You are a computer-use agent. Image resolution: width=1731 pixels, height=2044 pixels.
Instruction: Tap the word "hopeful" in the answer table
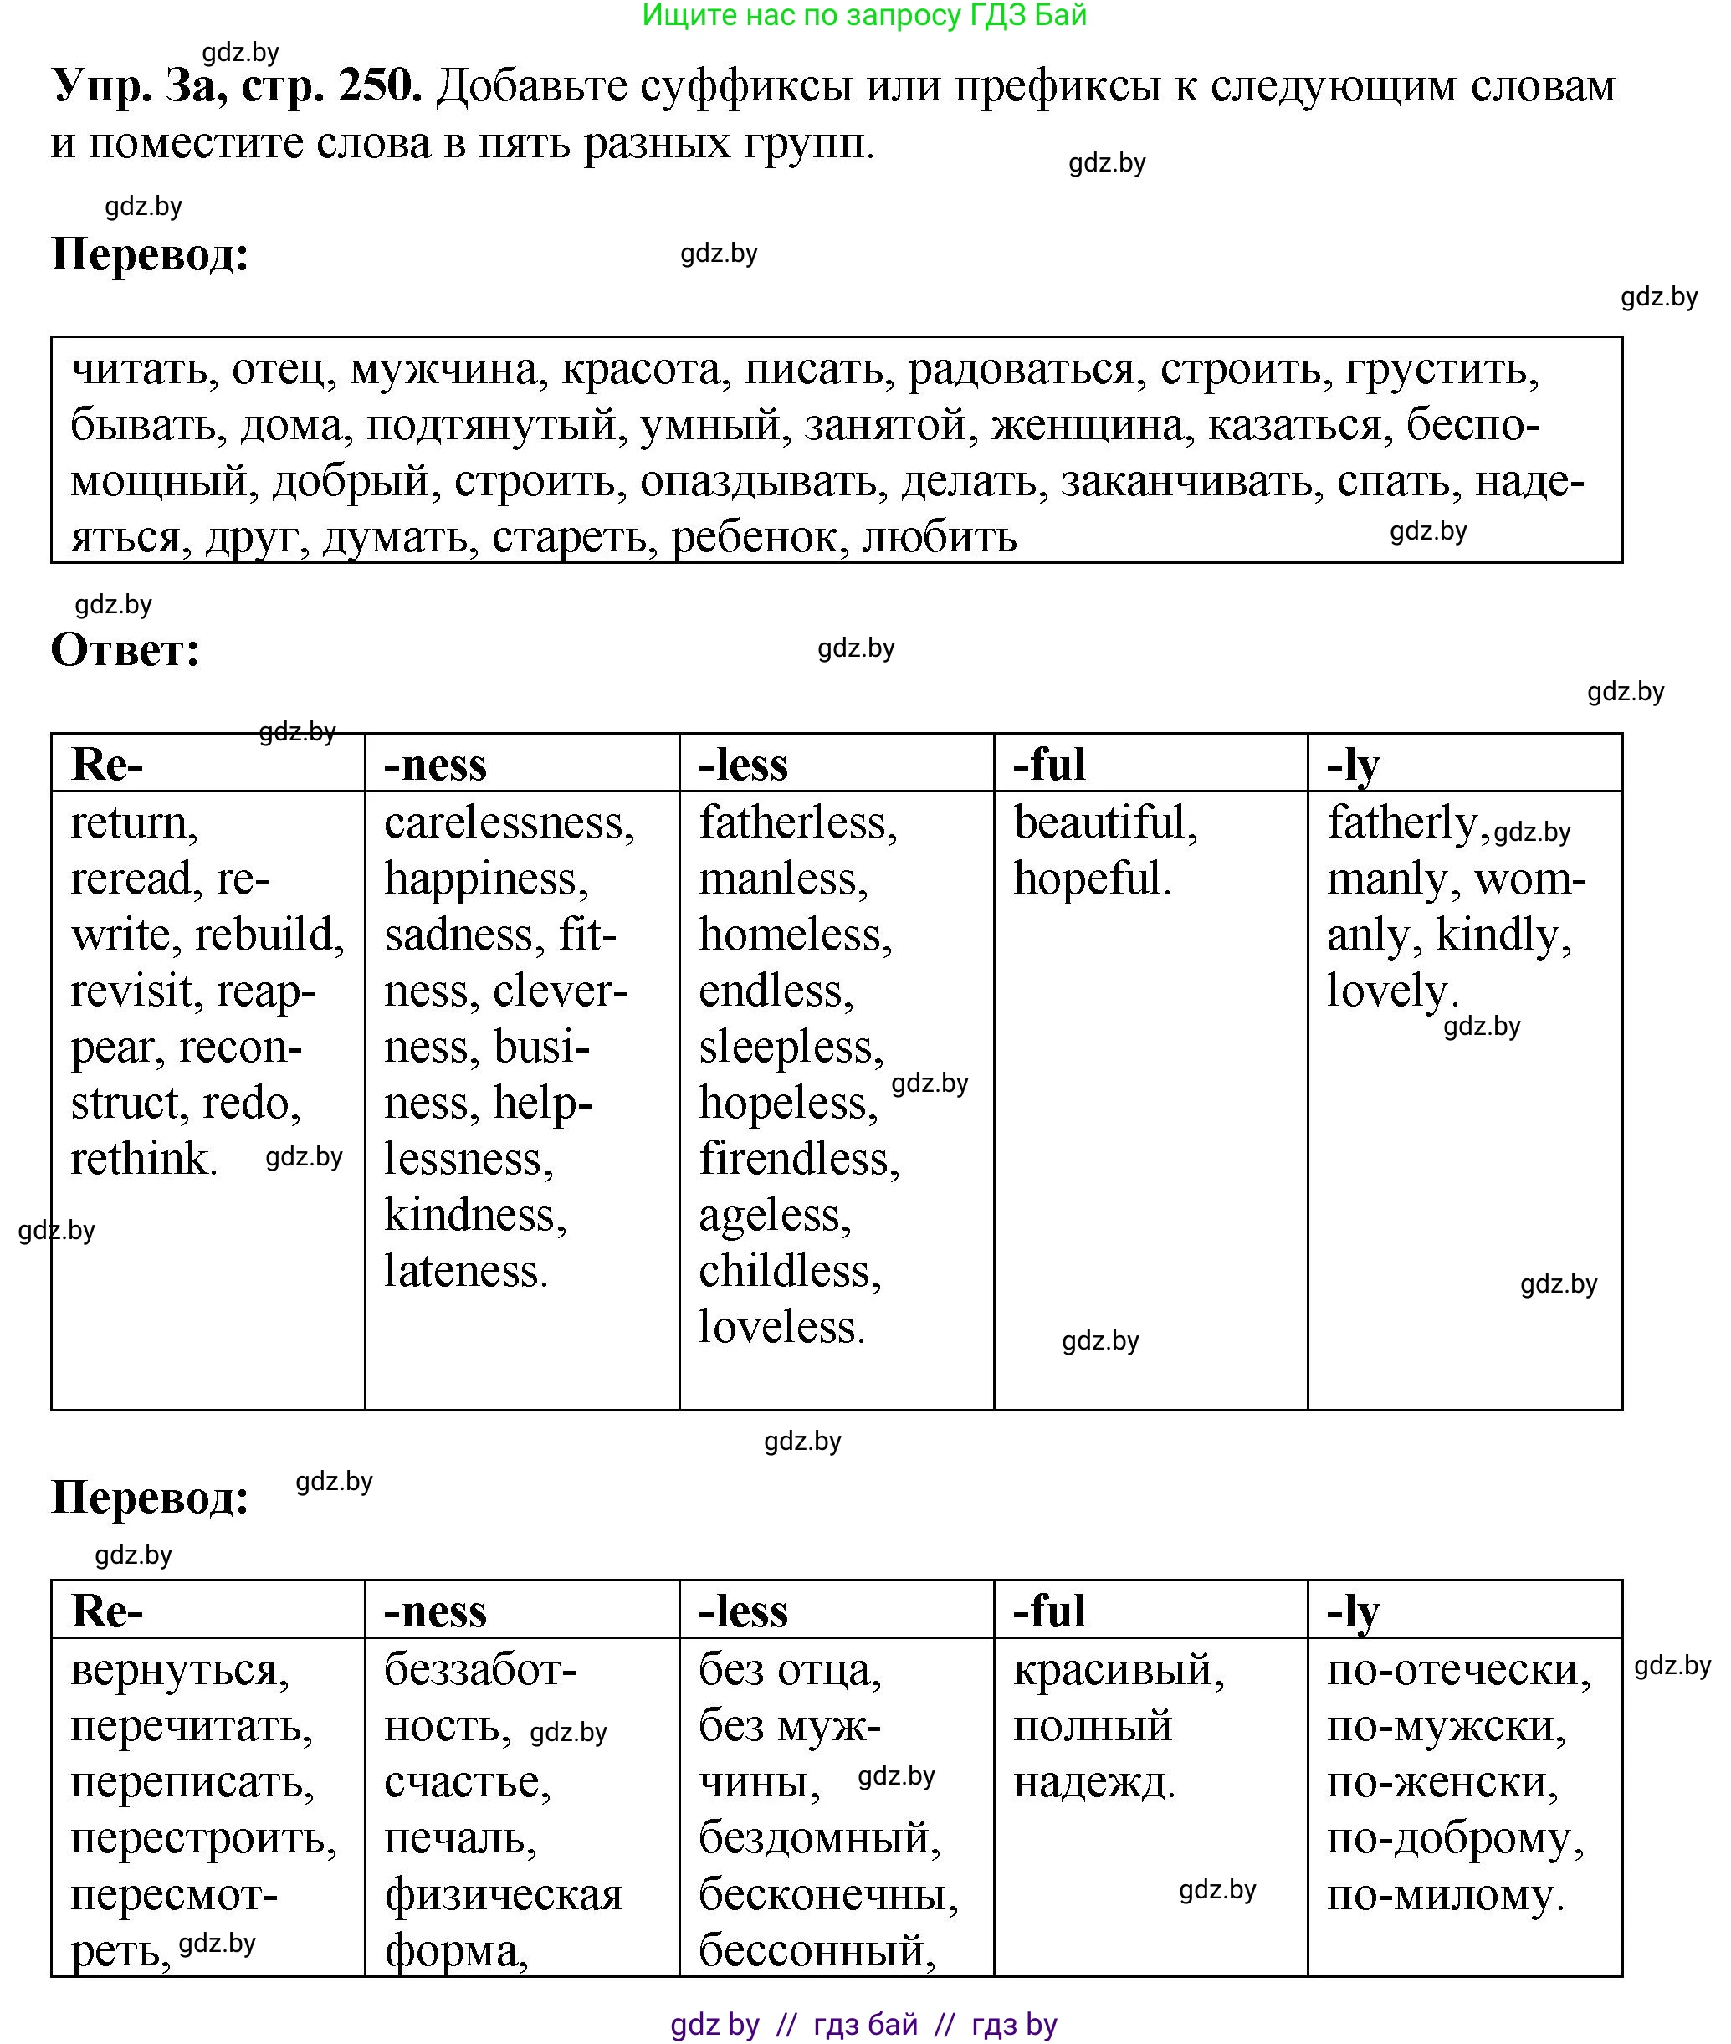(1088, 879)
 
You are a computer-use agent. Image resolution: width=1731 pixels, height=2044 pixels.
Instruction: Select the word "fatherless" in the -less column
(795, 822)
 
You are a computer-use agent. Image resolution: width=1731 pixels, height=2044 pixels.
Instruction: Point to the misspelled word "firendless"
(796, 1159)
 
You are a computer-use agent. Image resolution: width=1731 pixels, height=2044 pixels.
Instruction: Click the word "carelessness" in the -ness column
(507, 822)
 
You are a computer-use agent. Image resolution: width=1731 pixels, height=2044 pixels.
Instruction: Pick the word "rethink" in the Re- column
(141, 1159)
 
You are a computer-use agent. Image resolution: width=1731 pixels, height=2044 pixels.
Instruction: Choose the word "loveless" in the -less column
(779, 1328)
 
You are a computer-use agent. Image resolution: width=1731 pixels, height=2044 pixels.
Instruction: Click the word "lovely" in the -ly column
(1389, 991)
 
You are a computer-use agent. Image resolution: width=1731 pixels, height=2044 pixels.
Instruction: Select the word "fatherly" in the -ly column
(1402, 822)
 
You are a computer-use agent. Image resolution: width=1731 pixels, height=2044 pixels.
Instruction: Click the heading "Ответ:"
(125, 649)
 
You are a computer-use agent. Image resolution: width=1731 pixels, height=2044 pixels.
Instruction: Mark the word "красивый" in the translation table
(1116, 1669)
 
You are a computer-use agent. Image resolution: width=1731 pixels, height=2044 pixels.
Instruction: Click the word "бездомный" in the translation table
(817, 1838)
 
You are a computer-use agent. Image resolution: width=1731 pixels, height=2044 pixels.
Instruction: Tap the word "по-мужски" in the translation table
(1445, 1726)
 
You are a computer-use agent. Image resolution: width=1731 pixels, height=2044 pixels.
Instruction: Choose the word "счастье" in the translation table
(465, 1782)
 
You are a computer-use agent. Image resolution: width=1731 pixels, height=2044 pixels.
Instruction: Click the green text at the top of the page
(864, 15)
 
